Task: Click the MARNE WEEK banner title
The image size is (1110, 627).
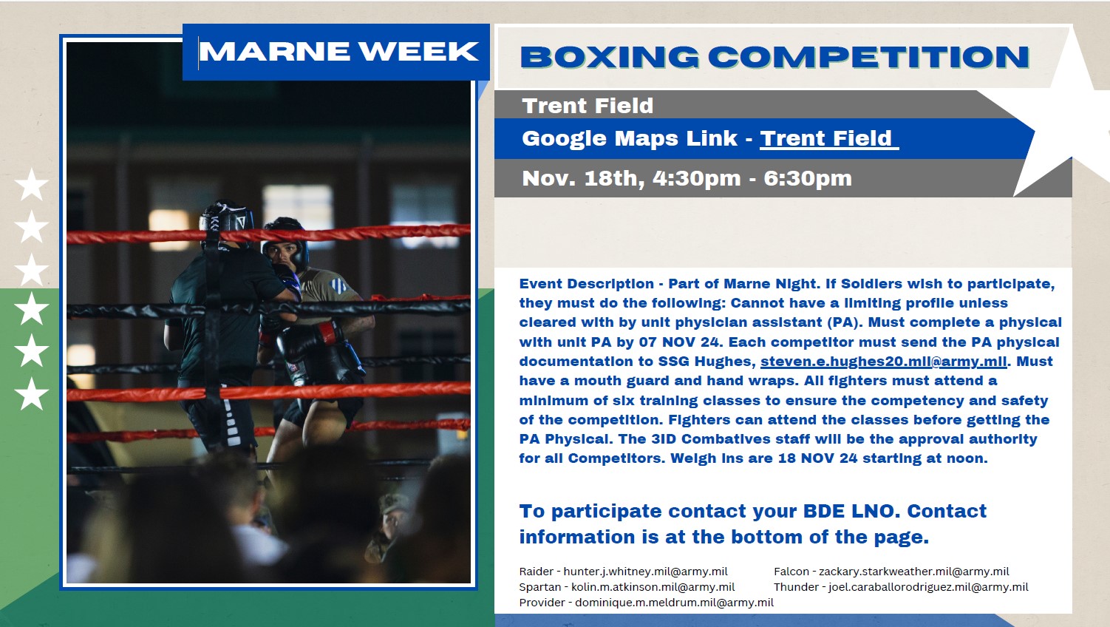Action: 339,52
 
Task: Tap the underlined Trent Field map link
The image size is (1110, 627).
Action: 828,138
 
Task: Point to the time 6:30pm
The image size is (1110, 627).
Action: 808,178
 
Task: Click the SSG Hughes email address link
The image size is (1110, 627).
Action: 884,362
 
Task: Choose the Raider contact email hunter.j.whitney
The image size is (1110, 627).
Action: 646,572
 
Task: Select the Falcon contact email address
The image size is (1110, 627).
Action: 913,572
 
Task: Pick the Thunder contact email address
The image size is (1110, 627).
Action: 928,587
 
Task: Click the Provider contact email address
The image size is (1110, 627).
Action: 674,603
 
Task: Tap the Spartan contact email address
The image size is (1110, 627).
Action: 653,587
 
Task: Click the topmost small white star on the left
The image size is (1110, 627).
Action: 32,184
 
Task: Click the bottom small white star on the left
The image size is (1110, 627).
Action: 32,393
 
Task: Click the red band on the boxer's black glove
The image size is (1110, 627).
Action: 327,332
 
